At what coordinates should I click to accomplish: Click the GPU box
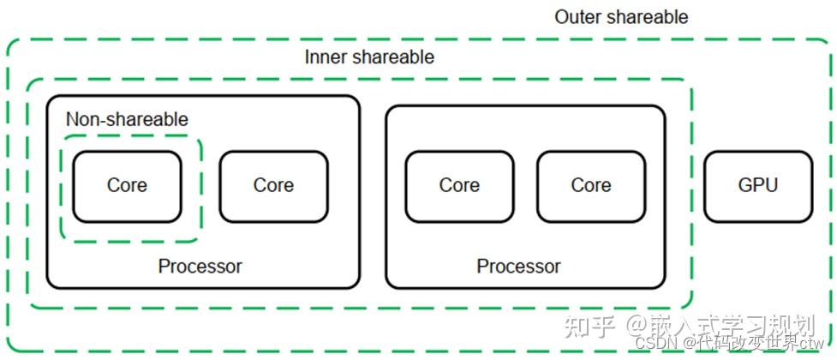(x=758, y=186)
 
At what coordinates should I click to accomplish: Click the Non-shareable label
(x=127, y=119)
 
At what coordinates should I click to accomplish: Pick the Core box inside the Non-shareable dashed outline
(x=127, y=186)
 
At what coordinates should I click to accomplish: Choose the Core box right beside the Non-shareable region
(x=274, y=186)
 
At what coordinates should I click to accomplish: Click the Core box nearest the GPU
(x=591, y=186)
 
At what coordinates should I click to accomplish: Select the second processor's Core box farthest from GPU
(x=459, y=186)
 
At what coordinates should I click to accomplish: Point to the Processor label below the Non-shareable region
(x=200, y=266)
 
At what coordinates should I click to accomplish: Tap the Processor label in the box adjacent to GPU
(x=519, y=266)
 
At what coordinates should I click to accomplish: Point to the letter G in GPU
(x=745, y=185)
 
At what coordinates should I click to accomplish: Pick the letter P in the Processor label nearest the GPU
(x=482, y=266)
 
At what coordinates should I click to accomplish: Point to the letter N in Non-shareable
(x=73, y=119)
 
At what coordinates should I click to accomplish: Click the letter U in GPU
(x=772, y=185)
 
